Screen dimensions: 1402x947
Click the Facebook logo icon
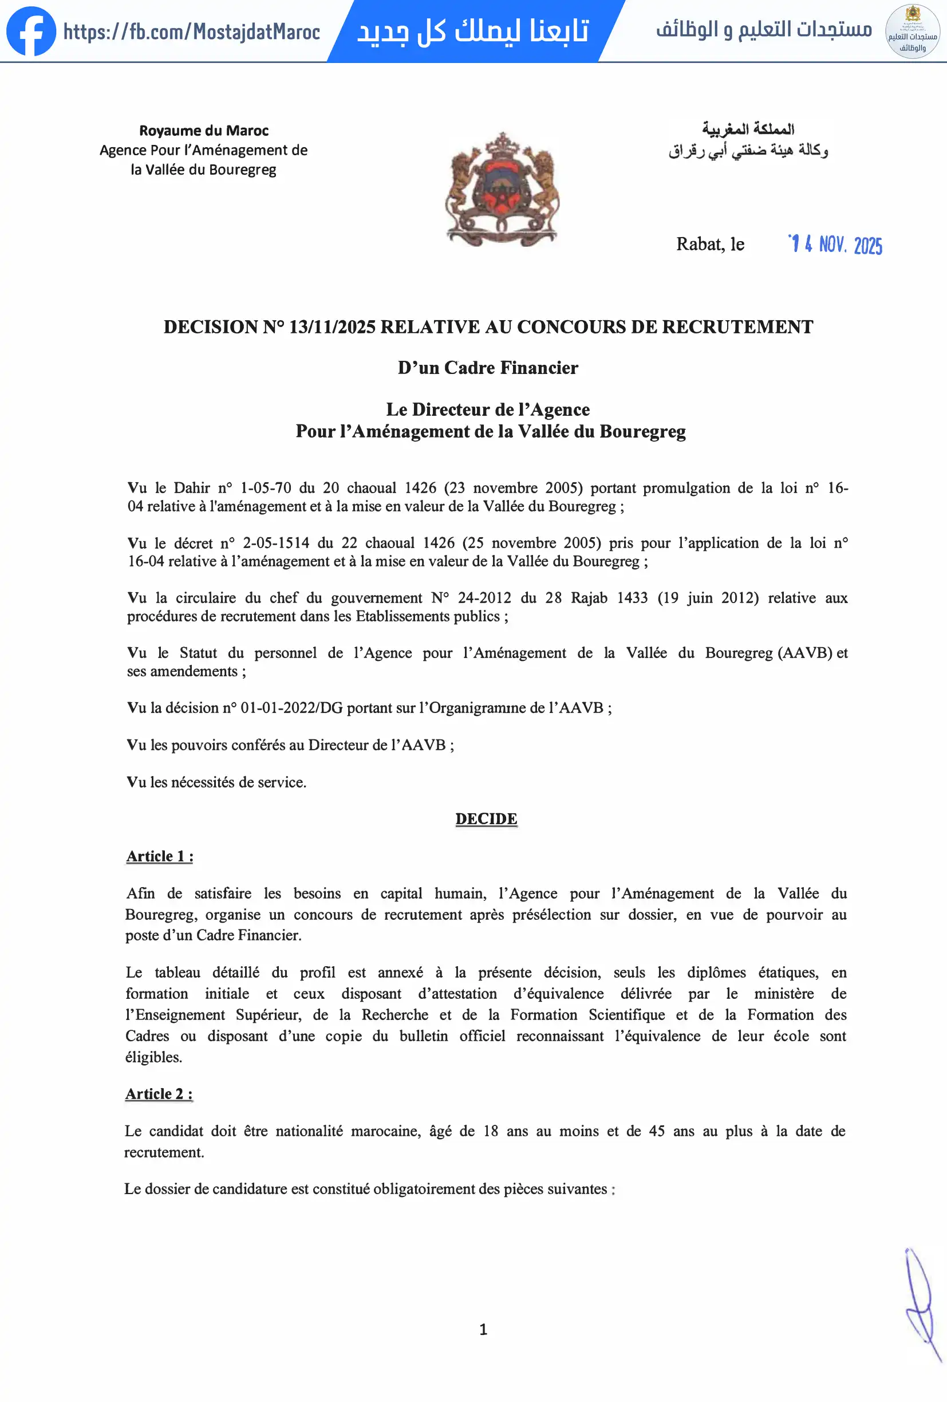click(31, 31)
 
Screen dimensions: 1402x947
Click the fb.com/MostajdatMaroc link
click(192, 31)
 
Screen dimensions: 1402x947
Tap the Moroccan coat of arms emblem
click(502, 189)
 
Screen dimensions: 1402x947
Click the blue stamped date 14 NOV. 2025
click(835, 245)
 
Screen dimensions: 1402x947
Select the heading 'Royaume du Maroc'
click(204, 131)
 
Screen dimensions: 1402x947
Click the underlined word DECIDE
click(486, 818)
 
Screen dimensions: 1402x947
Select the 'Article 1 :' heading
click(159, 856)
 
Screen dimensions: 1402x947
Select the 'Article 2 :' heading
click(159, 1094)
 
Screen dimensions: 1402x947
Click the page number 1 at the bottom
click(483, 1330)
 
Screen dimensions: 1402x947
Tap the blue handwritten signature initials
click(922, 1303)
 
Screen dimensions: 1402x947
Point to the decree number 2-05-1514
click(275, 543)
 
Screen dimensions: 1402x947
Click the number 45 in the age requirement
click(657, 1131)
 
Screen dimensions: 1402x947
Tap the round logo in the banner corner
click(912, 31)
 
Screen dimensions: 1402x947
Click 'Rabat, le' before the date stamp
click(710, 245)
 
